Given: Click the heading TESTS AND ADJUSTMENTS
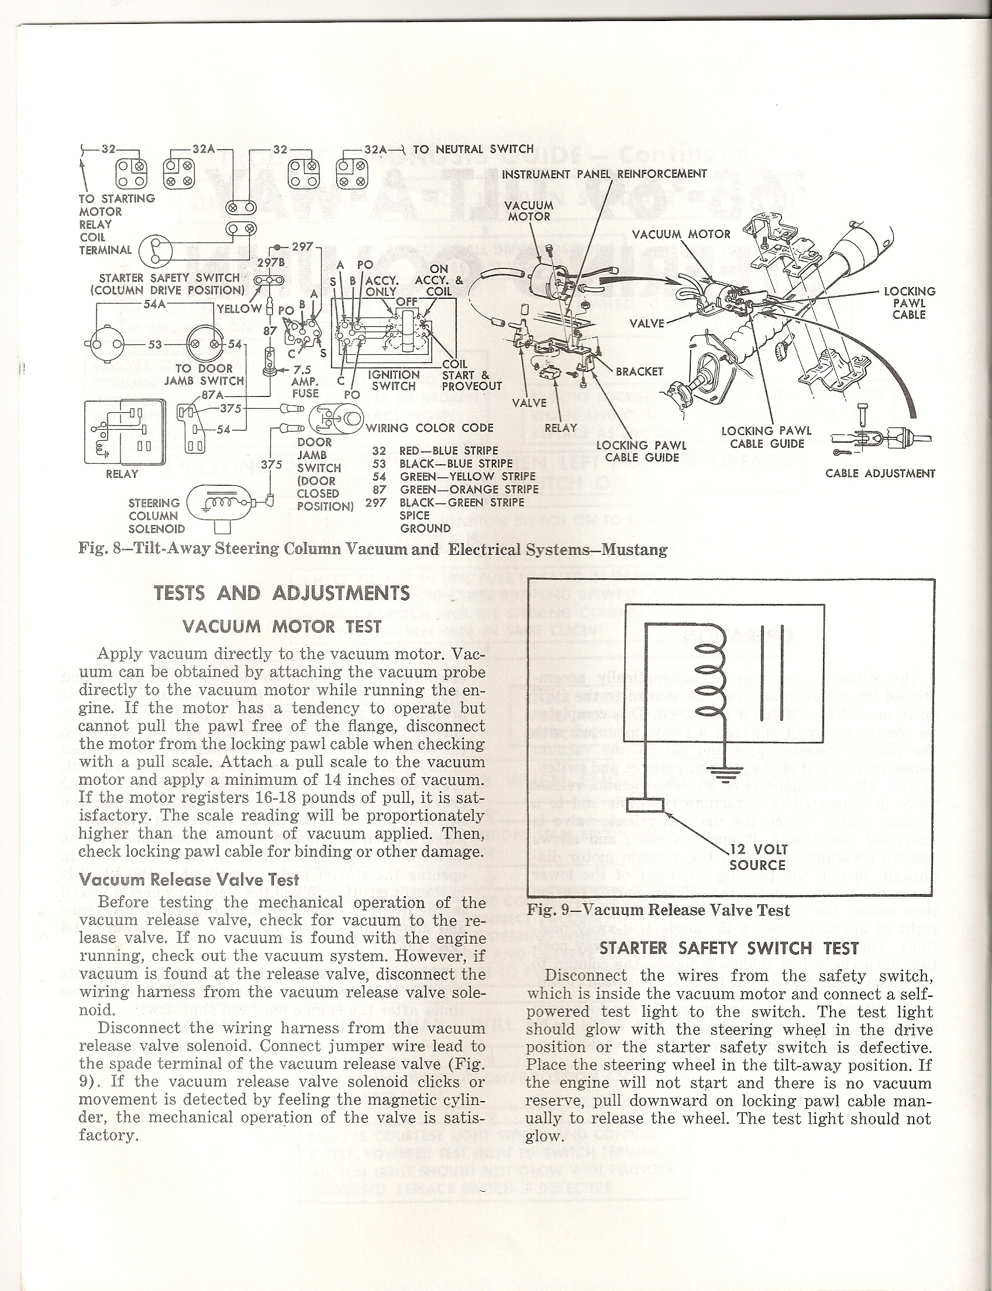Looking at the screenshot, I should pos(282,593).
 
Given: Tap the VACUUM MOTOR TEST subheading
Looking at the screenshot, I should pos(282,626).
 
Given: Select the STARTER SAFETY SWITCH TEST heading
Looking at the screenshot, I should pos(729,948).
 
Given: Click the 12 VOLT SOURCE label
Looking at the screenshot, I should pos(758,857).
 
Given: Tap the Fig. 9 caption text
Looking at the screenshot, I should pos(658,910).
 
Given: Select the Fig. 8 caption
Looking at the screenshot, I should pos(373,549).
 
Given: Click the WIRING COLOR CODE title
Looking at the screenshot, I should pos(429,428).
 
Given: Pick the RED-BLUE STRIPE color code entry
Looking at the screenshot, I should pos(449,451).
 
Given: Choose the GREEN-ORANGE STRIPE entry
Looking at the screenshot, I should pos(469,489).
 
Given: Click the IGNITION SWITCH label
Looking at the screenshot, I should pos(394,380).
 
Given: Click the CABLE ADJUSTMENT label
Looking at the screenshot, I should pos(880,474).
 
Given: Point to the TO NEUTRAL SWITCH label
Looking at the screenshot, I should pos(473,149).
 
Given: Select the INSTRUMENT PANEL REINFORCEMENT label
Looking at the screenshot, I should pos(604,174).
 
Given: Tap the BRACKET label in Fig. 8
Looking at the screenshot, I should pos(639,371).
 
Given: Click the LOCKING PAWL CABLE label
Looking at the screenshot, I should pos(910,303).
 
